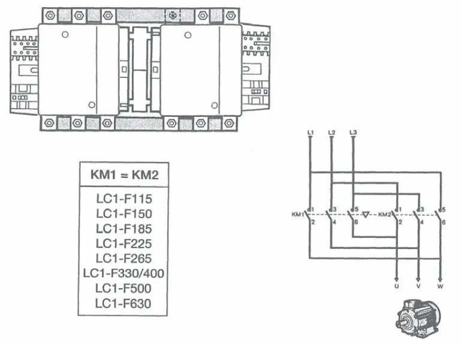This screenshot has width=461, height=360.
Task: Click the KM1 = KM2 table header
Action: click(x=123, y=175)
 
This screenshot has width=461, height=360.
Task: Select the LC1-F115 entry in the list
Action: click(x=123, y=199)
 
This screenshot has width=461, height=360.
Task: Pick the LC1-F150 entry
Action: click(x=123, y=214)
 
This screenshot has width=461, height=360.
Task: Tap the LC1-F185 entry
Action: click(x=123, y=229)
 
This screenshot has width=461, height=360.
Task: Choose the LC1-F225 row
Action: click(x=123, y=244)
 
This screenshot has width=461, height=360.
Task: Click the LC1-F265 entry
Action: click(x=123, y=259)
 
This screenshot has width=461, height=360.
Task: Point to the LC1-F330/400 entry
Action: click(x=123, y=274)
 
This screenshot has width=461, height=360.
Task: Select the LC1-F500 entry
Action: click(x=123, y=289)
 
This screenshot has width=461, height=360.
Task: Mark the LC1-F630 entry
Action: click(x=123, y=304)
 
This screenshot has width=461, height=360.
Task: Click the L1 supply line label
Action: click(x=309, y=131)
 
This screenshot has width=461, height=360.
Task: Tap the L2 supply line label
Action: click(x=332, y=131)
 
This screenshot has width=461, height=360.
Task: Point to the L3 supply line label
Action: click(x=353, y=131)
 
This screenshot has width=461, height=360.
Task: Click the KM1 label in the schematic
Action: click(x=298, y=214)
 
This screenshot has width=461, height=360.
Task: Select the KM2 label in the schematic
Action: click(x=384, y=214)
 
